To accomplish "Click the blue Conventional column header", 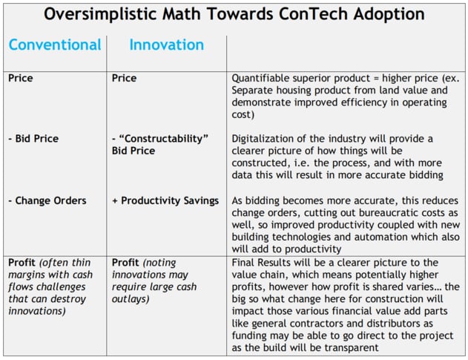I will point(55,45).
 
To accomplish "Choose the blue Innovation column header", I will point(166,45).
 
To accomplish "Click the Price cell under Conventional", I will point(22,77).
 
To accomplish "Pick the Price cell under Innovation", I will point(125,77).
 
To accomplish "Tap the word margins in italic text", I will point(29,275).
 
